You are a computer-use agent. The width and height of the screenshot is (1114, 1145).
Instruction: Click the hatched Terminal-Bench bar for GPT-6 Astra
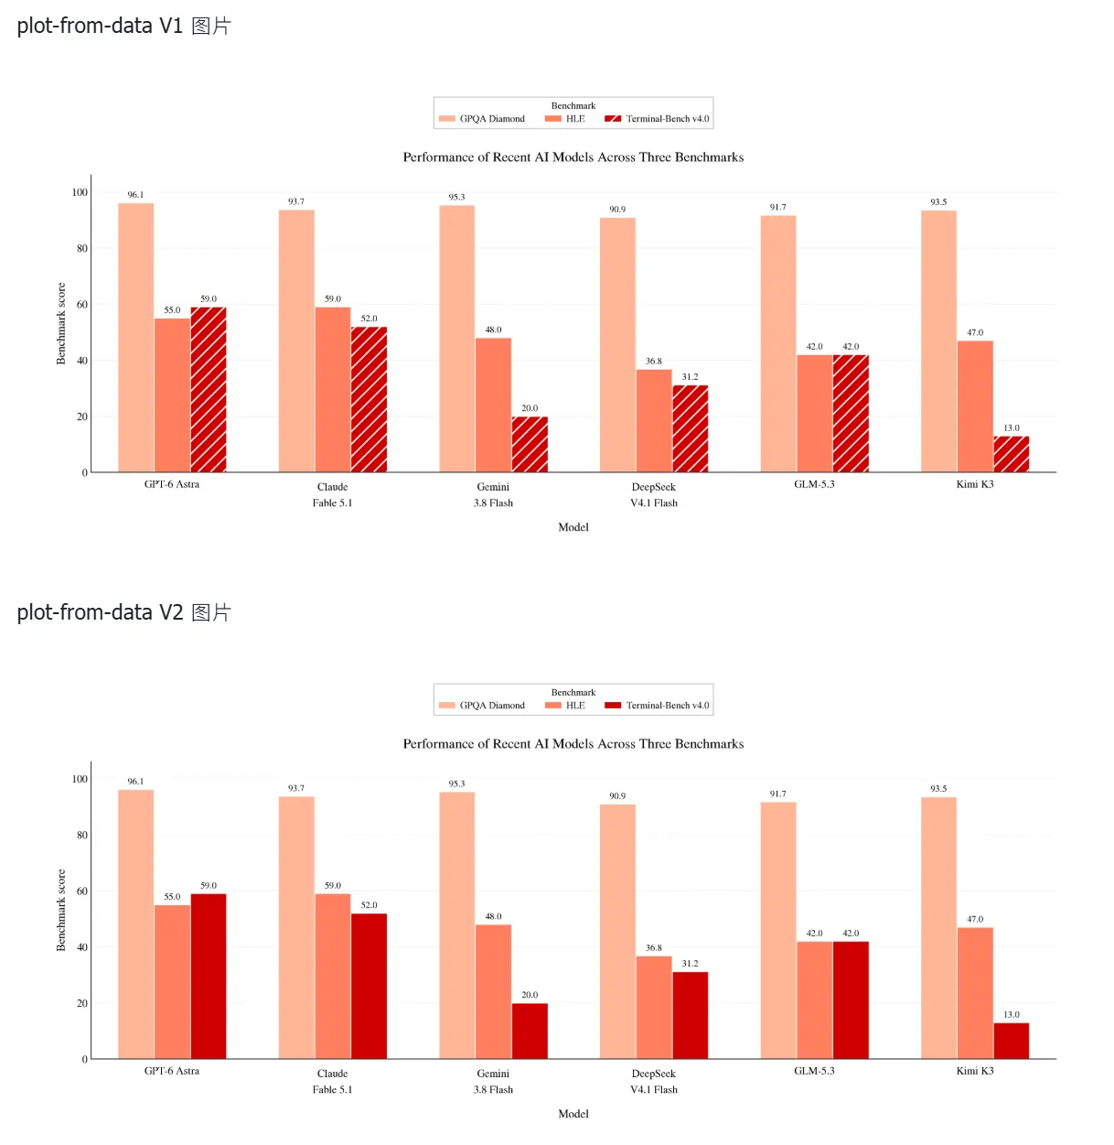pyautogui.click(x=209, y=389)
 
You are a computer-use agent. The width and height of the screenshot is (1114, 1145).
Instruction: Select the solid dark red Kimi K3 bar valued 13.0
pyautogui.click(x=1012, y=1041)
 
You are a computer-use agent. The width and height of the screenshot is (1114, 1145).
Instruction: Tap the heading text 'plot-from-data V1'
pyautogui.click(x=100, y=26)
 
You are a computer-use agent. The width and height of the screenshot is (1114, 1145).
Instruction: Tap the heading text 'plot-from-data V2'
pyautogui.click(x=100, y=612)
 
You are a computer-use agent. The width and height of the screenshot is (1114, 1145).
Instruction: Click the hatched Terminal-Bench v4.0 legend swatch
pyautogui.click(x=613, y=119)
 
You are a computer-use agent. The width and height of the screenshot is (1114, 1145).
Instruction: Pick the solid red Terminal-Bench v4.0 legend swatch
pyautogui.click(x=613, y=706)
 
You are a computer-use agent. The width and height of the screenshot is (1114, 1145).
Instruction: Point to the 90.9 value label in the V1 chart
pyautogui.click(x=617, y=210)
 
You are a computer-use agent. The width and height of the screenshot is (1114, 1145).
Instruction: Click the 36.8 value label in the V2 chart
pyautogui.click(x=654, y=948)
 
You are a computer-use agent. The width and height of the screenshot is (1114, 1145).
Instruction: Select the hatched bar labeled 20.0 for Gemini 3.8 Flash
pyautogui.click(x=529, y=444)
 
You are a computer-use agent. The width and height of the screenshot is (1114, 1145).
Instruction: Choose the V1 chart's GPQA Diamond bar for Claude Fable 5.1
pyautogui.click(x=296, y=340)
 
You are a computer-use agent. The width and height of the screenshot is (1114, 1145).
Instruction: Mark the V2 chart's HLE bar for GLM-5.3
pyautogui.click(x=814, y=999)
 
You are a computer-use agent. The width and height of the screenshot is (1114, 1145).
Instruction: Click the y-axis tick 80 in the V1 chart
pyautogui.click(x=81, y=248)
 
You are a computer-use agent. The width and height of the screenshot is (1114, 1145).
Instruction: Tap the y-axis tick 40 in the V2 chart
pyautogui.click(x=81, y=947)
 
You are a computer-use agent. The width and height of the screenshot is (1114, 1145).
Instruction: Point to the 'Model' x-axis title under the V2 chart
pyautogui.click(x=573, y=1114)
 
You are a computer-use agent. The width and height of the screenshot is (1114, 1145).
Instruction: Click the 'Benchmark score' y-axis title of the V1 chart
pyautogui.click(x=61, y=323)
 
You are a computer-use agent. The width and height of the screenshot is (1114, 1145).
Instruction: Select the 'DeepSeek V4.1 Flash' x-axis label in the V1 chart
pyautogui.click(x=654, y=495)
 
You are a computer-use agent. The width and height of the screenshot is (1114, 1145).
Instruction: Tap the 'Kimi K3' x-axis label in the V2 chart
pyautogui.click(x=975, y=1071)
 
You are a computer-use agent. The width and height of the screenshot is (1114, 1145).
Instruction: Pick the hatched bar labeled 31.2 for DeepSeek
pyautogui.click(x=691, y=428)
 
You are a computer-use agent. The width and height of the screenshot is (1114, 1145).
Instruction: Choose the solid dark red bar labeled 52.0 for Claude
pyautogui.click(x=369, y=986)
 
